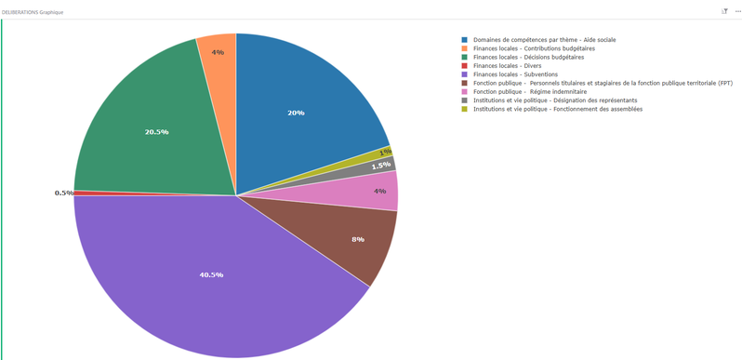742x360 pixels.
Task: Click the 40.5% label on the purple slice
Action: coord(211,274)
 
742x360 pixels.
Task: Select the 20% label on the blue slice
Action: coord(296,113)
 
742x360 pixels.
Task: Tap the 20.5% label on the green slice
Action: coord(156,132)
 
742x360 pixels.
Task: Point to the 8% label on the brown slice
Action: coord(358,240)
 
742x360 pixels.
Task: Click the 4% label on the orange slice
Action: coord(218,53)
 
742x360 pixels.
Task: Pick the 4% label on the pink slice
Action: coord(380,192)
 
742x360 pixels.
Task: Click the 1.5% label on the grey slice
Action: coord(381,167)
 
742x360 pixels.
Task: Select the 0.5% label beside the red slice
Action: coord(64,193)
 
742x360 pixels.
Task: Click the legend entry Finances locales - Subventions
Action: coord(510,74)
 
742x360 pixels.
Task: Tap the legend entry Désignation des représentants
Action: coord(550,100)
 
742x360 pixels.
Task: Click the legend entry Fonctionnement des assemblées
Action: coord(551,109)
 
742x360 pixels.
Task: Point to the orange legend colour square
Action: coord(465,48)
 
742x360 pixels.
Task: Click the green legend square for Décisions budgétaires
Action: coord(465,58)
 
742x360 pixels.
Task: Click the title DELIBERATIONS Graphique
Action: coord(33,12)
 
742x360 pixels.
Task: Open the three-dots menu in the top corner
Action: coord(737,11)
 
